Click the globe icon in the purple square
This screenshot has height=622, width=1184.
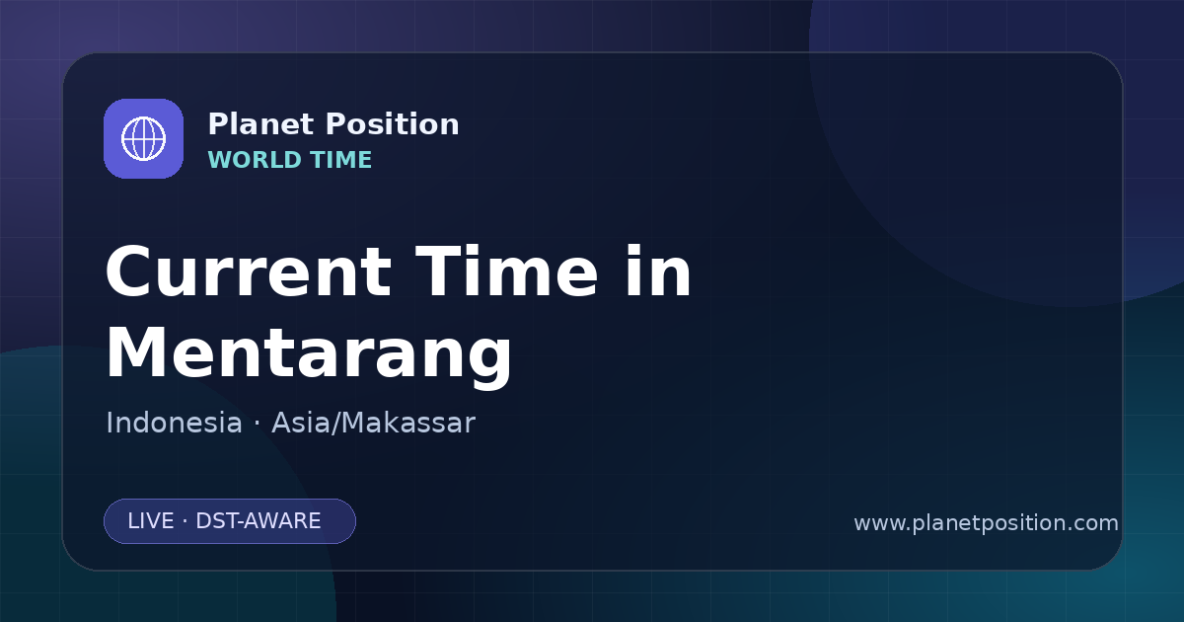(143, 138)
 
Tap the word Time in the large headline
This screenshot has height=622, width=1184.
(506, 272)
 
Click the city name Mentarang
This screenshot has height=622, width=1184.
(309, 353)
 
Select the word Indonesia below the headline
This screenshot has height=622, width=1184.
(174, 423)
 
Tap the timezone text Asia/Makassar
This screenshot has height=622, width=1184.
(373, 423)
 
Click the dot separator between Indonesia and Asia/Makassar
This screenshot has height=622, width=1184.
(257, 424)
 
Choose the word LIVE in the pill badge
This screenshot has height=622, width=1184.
(151, 521)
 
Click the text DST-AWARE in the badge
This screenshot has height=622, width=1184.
(258, 521)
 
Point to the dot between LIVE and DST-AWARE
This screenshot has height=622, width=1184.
(185, 521)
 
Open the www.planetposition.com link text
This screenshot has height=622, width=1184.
(986, 523)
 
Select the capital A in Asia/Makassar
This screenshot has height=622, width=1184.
(283, 423)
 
